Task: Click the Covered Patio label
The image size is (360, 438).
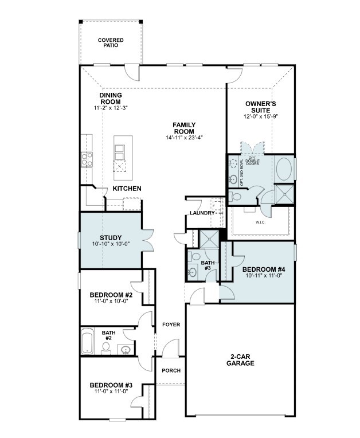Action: [111, 42]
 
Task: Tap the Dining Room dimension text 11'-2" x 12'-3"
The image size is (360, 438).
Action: [110, 108]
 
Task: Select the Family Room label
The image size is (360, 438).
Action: [185, 128]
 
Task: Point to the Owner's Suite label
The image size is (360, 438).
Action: [261, 107]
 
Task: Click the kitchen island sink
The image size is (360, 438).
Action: [120, 152]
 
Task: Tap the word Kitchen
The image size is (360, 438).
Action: [127, 189]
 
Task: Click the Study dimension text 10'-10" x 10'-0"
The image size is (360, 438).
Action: [111, 244]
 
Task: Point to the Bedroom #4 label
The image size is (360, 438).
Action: [264, 269]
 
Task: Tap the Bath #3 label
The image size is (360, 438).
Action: [207, 265]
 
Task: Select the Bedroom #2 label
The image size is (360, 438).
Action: [111, 295]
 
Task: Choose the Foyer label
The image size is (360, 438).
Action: [171, 324]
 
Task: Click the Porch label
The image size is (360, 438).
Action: [171, 370]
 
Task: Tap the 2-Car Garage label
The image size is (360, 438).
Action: [240, 359]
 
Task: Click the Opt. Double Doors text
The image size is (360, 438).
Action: [253, 161]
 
